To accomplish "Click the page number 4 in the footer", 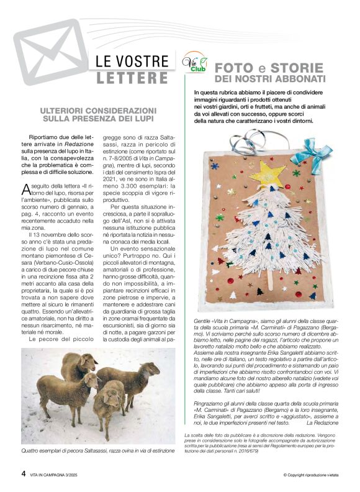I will [x=24, y=473].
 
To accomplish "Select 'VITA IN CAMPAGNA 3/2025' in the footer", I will [x=55, y=474].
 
